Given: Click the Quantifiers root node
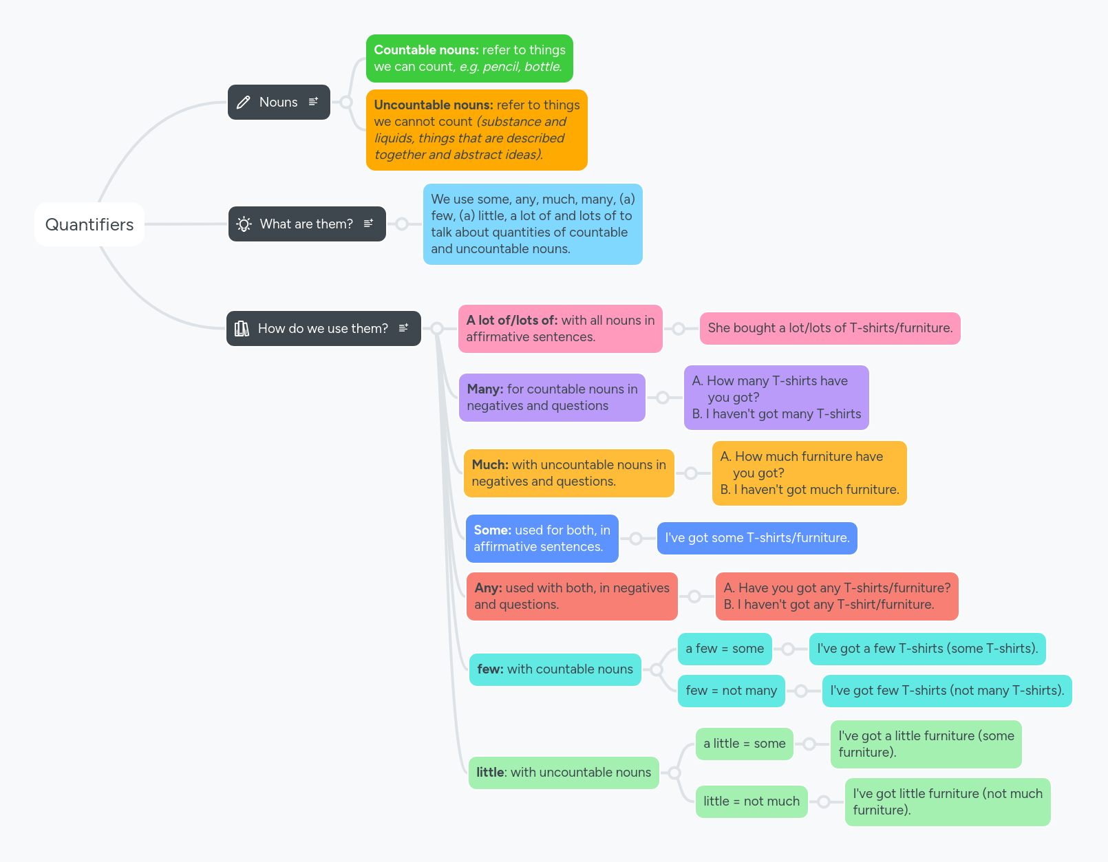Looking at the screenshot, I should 89,224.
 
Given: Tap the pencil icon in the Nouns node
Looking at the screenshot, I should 243,103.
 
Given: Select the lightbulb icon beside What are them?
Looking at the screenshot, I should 244,224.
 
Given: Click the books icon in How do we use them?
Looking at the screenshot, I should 242,329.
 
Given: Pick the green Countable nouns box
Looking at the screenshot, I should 469,58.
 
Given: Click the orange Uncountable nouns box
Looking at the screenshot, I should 476,130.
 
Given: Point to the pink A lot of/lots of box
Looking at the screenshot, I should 560,329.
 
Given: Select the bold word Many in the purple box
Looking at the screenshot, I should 485,389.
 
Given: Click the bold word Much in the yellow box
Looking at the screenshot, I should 490,465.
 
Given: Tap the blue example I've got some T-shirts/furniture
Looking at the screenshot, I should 757,538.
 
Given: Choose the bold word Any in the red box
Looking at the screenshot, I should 488,588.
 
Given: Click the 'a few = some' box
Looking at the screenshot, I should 725,649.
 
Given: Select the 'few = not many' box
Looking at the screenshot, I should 731,691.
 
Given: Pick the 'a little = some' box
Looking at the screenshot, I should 744,744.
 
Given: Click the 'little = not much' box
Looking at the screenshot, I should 752,801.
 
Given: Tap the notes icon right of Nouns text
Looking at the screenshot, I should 314,102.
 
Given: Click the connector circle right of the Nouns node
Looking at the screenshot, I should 346,103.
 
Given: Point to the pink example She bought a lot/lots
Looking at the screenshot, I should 830,328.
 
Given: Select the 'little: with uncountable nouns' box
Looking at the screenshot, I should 564,773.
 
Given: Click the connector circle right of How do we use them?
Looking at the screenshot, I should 437,329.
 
